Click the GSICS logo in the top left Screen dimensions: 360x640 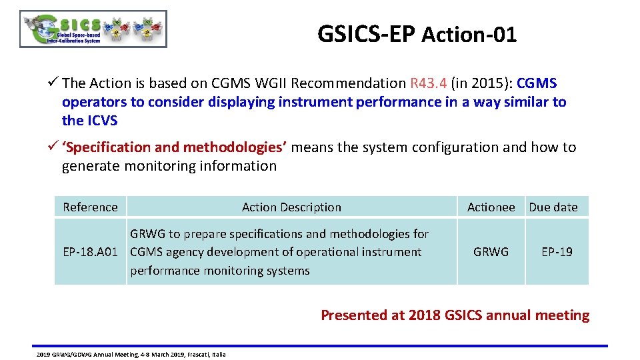pyautogui.click(x=93, y=29)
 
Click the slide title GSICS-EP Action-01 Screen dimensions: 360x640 pyautogui.click(x=417, y=34)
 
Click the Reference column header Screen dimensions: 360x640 pyautogui.click(x=90, y=207)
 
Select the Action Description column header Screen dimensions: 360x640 pyautogui.click(x=291, y=207)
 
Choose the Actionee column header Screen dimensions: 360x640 pyautogui.click(x=491, y=207)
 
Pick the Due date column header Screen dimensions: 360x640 pyautogui.click(x=553, y=207)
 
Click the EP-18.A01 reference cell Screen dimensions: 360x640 pyautogui.click(x=90, y=252)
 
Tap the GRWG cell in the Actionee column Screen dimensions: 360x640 pyautogui.click(x=491, y=252)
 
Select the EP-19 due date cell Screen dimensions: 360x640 pyautogui.click(x=557, y=252)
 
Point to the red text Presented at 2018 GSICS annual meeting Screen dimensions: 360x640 pyautogui.click(x=455, y=315)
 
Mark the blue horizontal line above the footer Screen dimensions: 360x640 pyautogui.click(x=320, y=345)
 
